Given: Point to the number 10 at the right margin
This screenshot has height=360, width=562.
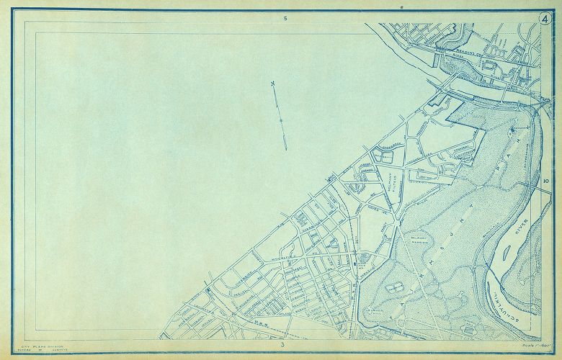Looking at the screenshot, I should click(548, 181).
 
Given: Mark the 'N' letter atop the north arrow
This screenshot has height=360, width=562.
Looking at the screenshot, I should click(273, 84).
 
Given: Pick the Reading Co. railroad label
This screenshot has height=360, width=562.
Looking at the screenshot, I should click(458, 52).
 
